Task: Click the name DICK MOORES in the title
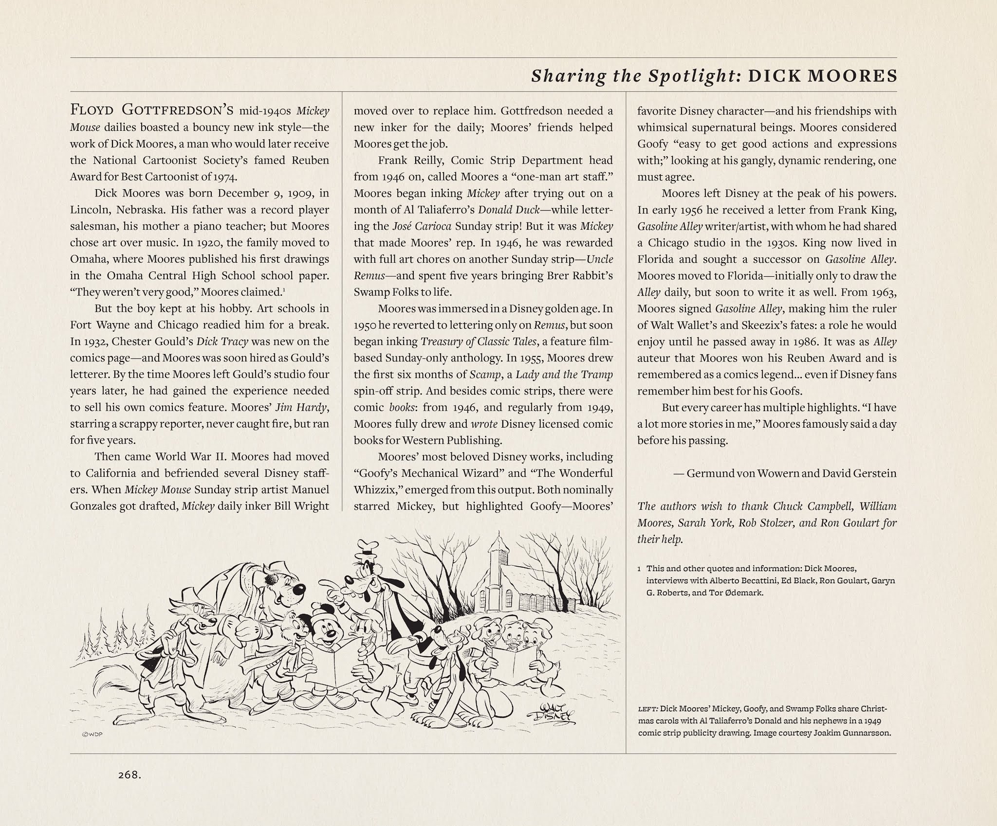click(x=822, y=76)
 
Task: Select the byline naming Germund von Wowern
click(x=791, y=473)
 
